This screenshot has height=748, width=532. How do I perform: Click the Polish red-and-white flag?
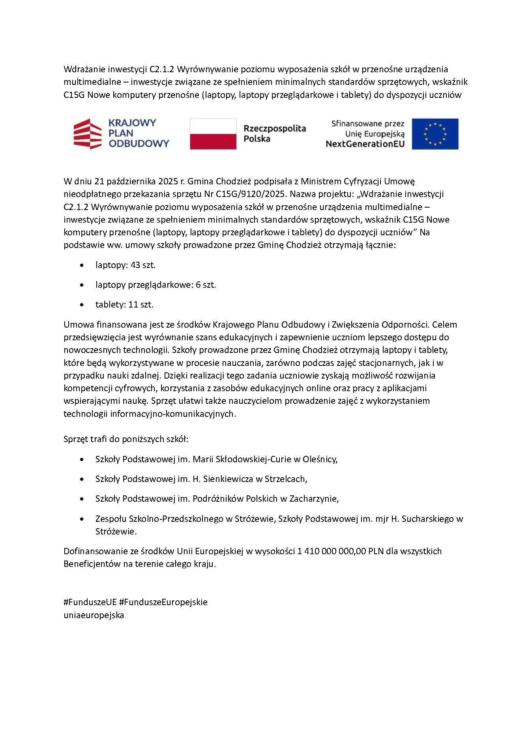click(x=213, y=134)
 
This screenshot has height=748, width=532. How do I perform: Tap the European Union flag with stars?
click(x=435, y=134)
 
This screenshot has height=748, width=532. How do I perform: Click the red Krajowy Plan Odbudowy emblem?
click(x=88, y=134)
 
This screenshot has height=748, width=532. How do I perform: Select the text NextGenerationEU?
click(x=365, y=144)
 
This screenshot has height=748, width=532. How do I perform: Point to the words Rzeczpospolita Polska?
click(x=274, y=133)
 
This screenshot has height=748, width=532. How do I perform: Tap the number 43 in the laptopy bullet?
click(x=135, y=265)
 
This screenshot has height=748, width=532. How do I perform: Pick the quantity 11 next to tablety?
click(x=133, y=304)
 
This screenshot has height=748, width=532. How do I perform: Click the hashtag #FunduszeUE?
click(x=90, y=602)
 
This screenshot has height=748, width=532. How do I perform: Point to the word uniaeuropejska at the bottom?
click(x=94, y=615)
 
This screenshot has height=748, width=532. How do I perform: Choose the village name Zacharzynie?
click(x=314, y=499)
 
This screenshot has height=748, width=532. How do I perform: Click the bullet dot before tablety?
click(x=82, y=305)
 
